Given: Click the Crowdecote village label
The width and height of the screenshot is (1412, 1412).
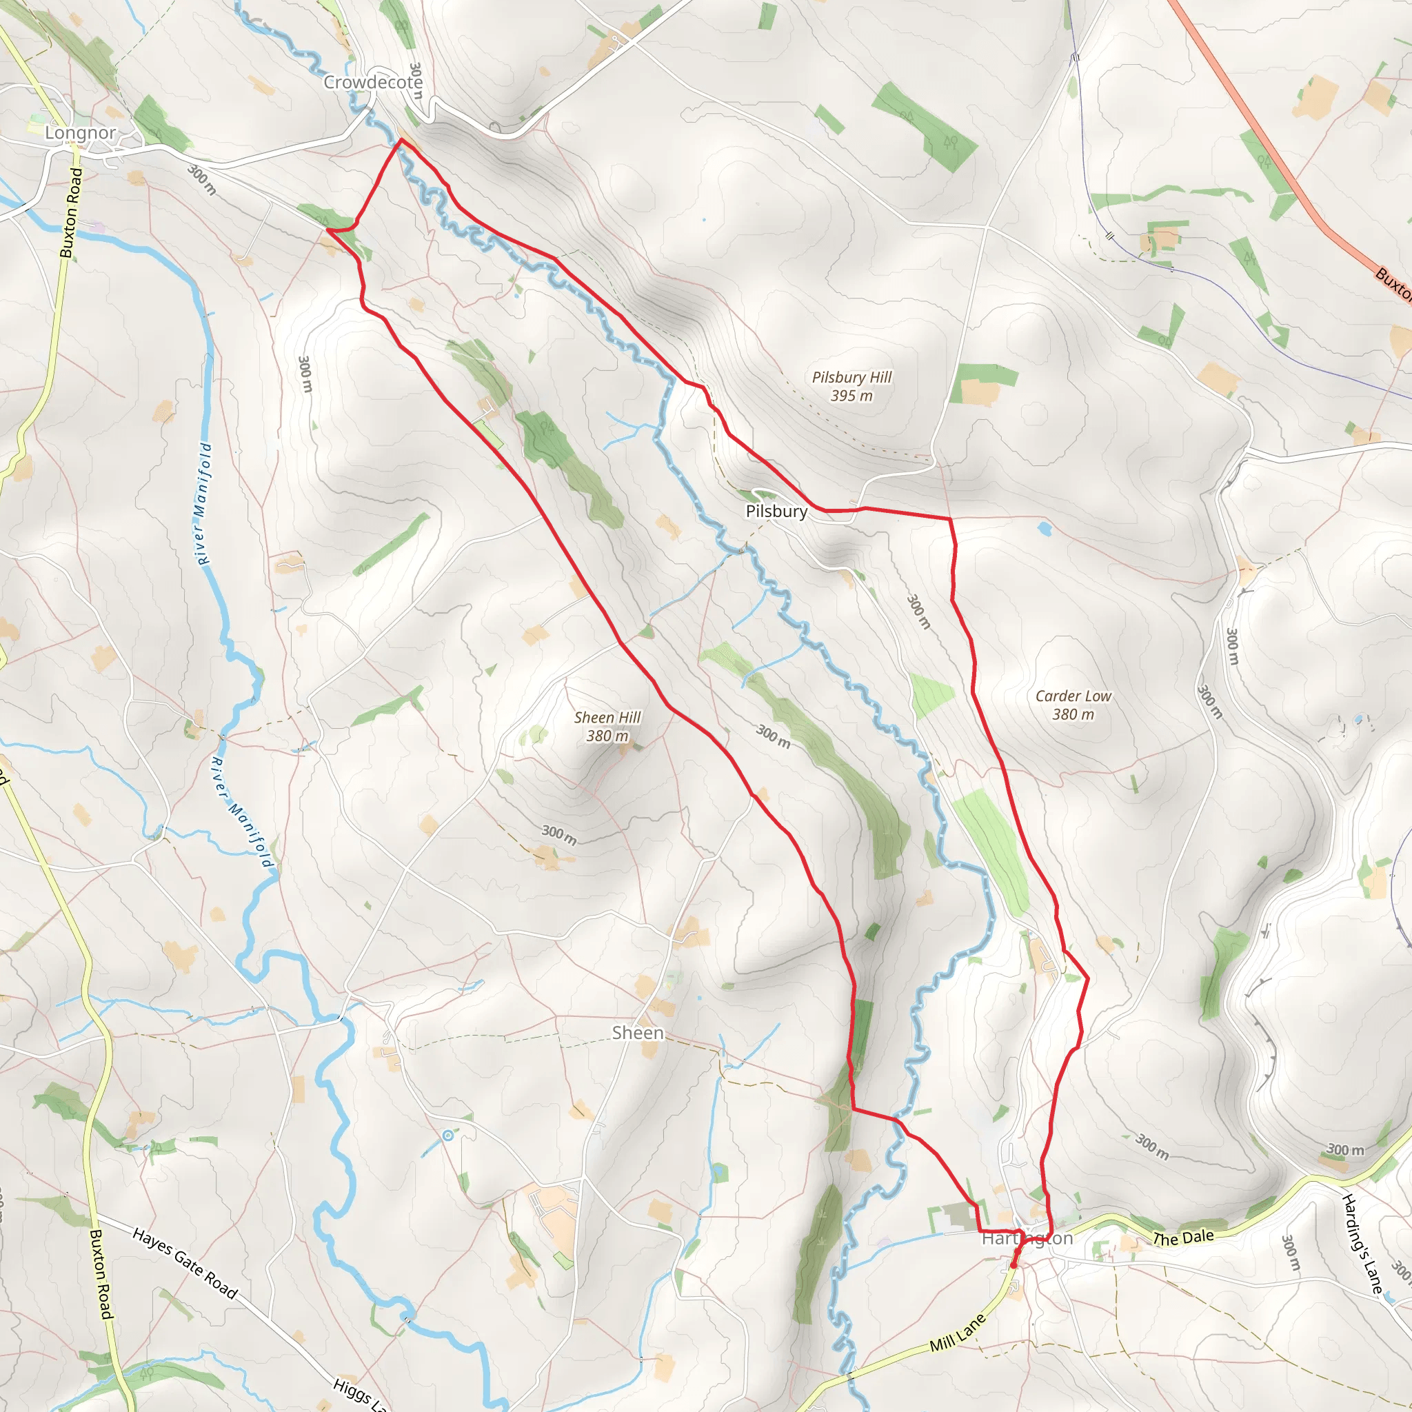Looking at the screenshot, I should coord(373,83).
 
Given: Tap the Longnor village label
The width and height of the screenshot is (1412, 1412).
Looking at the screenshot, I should coord(81,133).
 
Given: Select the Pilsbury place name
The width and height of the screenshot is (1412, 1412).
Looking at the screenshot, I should coord(776,512).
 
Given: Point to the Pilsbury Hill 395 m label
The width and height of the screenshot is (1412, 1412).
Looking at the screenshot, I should coord(851,387).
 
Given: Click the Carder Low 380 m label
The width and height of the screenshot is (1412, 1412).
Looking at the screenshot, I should coord(1073,705).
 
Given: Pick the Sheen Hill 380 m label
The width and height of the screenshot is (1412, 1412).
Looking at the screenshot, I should coord(607,727).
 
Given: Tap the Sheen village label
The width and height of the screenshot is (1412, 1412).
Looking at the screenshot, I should coord(637,1033).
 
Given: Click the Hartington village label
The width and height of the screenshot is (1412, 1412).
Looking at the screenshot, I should coord(1027,1238).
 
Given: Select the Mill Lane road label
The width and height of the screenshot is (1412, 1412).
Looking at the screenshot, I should coord(958,1333).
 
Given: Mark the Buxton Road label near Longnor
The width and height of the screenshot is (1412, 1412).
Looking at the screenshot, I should coord(71,212).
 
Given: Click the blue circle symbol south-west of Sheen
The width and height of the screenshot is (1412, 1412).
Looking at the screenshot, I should coord(447,1136).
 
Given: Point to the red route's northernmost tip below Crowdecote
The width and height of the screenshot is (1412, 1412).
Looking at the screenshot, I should coord(401,139).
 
